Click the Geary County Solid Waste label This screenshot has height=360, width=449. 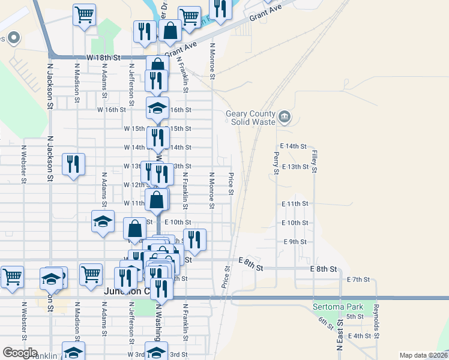[250, 118]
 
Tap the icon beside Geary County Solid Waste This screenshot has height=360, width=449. [285, 116]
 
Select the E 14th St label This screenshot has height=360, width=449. [293, 146]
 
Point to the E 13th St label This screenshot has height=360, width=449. [294, 166]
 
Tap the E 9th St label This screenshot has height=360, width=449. [295, 242]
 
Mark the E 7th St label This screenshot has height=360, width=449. [358, 280]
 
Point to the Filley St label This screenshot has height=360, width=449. [314, 160]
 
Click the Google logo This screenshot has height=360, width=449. [20, 353]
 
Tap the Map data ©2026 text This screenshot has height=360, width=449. [423, 355]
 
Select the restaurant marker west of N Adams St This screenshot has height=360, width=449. [73, 164]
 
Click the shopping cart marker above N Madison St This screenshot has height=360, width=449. [85, 14]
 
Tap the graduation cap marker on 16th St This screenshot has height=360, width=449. [157, 109]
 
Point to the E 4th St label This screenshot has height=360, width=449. [360, 336]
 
